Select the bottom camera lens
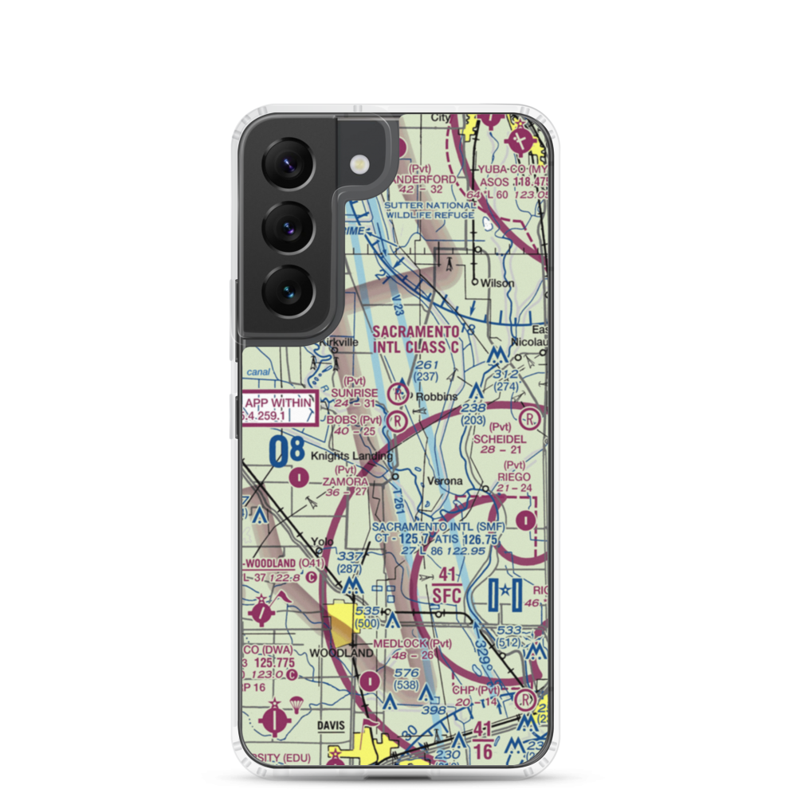288,289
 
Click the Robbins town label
440,396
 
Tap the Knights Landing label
351,457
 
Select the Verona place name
445,481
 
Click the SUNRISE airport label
355,393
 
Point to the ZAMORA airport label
344,482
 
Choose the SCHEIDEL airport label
500,439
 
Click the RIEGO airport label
514,477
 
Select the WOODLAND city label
341,653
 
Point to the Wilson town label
497,283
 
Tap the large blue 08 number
286,452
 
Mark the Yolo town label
322,542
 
